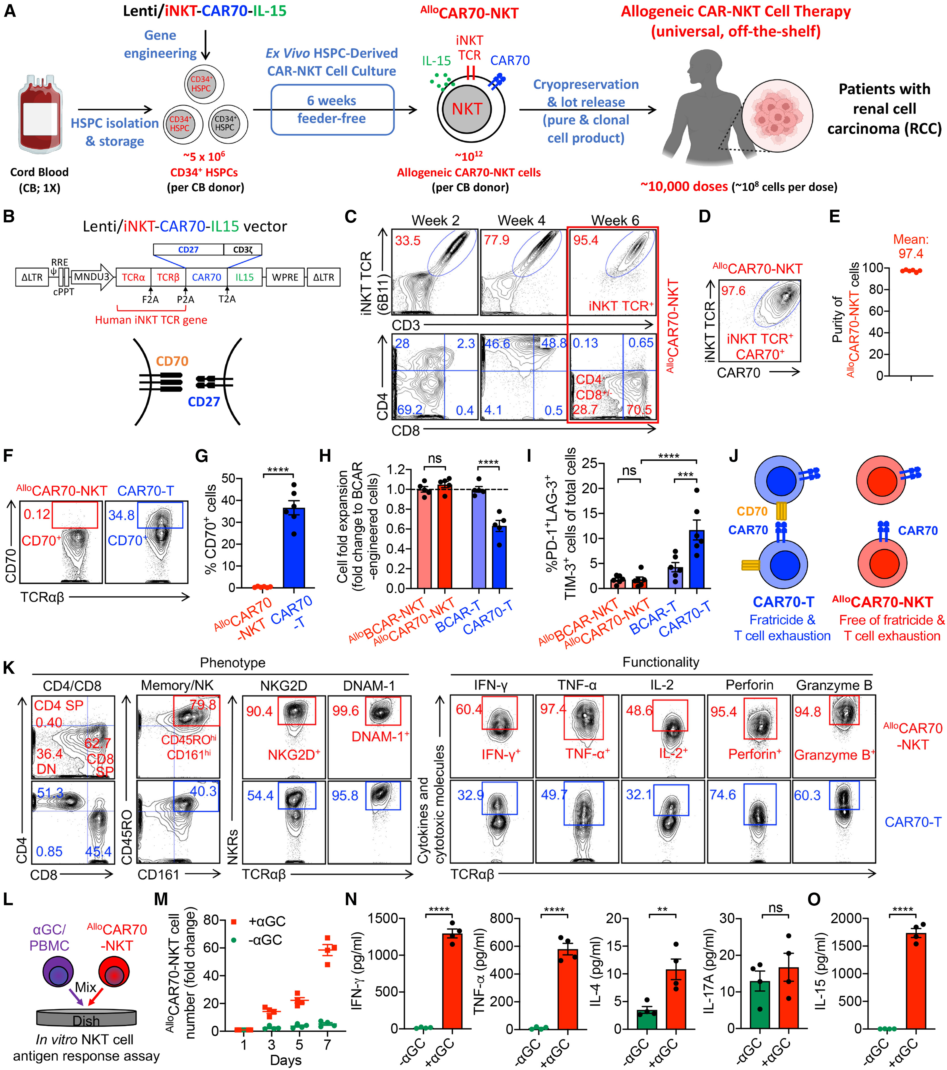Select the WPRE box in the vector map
[x=285, y=277]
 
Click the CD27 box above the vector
[x=189, y=249]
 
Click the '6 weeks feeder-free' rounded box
[x=332, y=109]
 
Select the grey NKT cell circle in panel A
[x=467, y=109]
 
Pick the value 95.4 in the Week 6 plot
[x=586, y=240]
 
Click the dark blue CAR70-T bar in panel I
[x=697, y=559]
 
